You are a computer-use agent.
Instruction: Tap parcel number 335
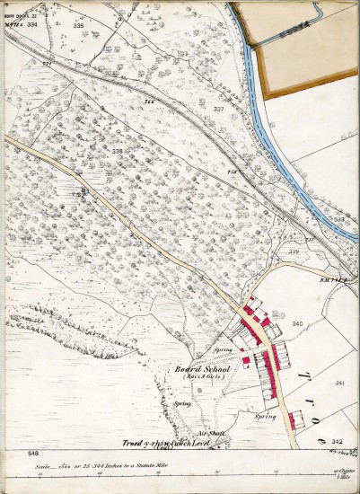click(x=78, y=26)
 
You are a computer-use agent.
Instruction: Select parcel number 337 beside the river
click(x=217, y=110)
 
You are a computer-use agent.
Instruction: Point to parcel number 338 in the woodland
click(x=117, y=151)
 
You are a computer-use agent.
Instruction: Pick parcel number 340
click(x=298, y=324)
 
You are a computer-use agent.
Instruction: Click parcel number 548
click(x=34, y=454)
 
